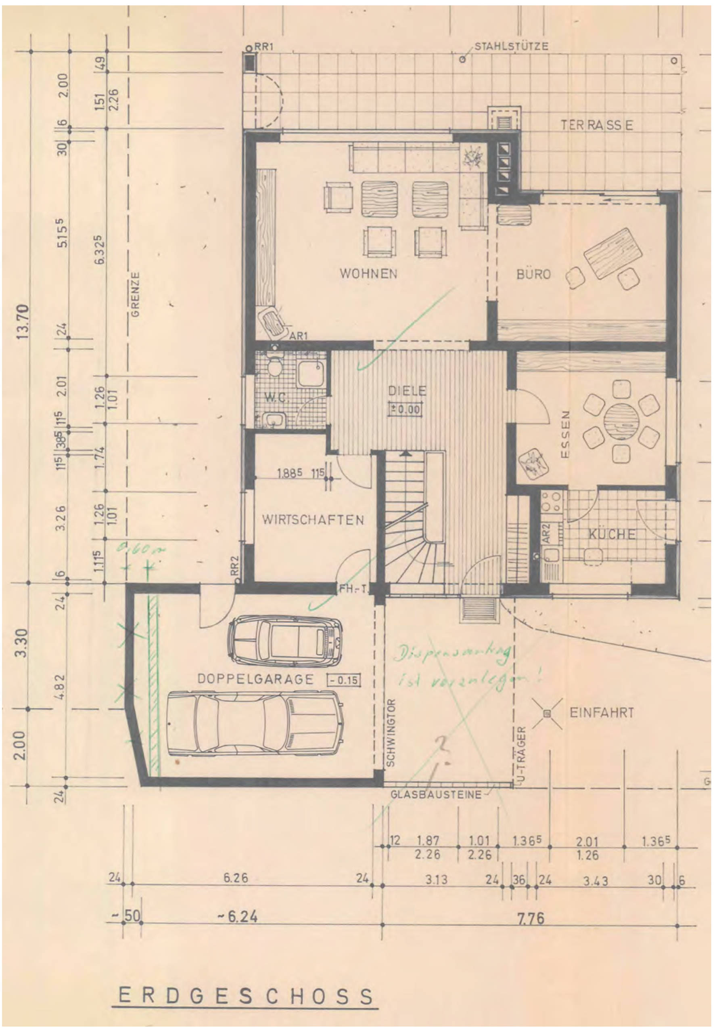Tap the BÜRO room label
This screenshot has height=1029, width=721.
pyautogui.click(x=533, y=274)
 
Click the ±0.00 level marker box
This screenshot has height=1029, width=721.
pyautogui.click(x=406, y=409)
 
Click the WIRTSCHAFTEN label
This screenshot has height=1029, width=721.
pyautogui.click(x=313, y=520)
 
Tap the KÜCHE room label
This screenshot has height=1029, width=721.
pyautogui.click(x=612, y=535)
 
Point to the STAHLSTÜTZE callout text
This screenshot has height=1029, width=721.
pyautogui.click(x=512, y=46)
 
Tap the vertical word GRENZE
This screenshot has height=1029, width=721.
pyautogui.click(x=136, y=294)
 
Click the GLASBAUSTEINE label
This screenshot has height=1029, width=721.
pyautogui.click(x=436, y=795)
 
